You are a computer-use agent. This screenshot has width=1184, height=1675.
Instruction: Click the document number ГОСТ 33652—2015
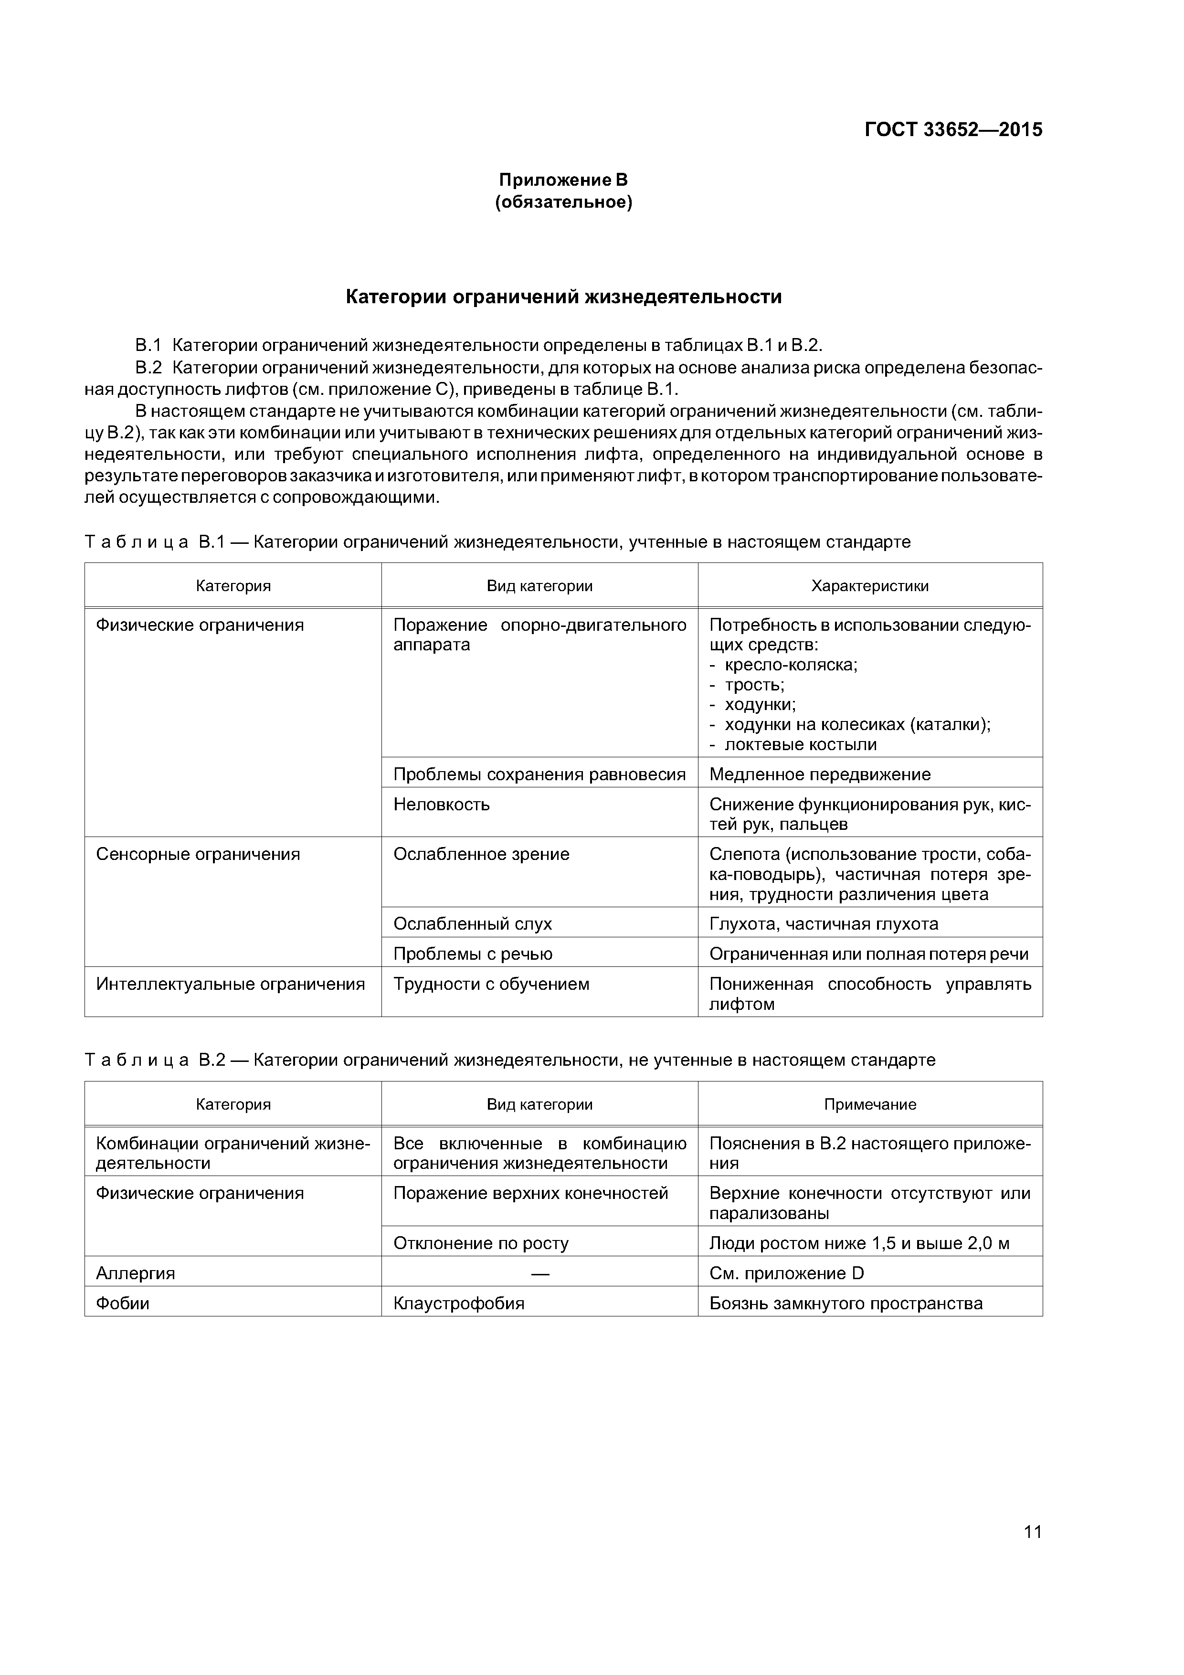point(953,130)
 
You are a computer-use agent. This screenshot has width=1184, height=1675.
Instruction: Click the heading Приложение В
point(562,180)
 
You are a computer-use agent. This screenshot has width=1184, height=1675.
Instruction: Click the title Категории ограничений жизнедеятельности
point(562,297)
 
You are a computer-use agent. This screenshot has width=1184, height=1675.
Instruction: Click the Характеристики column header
point(869,586)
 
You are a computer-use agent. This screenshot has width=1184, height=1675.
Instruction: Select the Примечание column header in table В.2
point(869,1104)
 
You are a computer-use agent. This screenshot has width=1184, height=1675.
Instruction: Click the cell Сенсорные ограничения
point(198,854)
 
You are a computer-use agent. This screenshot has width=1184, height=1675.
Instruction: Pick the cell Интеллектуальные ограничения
point(231,984)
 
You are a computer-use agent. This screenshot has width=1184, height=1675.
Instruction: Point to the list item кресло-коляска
point(790,665)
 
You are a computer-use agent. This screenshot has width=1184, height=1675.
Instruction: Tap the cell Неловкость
point(441,805)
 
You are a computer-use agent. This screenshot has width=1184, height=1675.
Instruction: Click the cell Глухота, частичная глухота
point(824,924)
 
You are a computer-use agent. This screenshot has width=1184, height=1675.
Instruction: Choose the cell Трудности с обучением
point(491,984)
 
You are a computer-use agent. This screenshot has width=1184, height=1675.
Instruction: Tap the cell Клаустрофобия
point(459,1304)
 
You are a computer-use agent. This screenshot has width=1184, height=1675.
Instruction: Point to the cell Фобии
point(123,1304)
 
